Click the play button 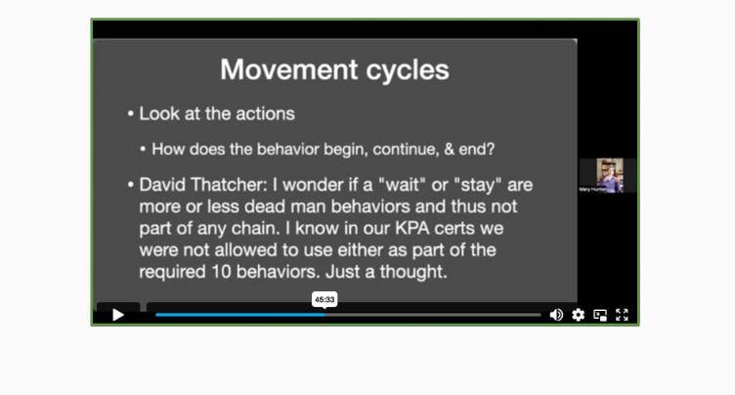pyautogui.click(x=118, y=315)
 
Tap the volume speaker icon pyautogui.click(x=556, y=315)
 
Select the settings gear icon pyautogui.click(x=578, y=315)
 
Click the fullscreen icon pyautogui.click(x=622, y=315)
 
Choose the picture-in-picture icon pyautogui.click(x=600, y=315)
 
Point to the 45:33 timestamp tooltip pyautogui.click(x=324, y=299)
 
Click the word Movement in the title pyautogui.click(x=289, y=69)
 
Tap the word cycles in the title pyautogui.click(x=408, y=70)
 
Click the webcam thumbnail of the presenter pyautogui.click(x=609, y=175)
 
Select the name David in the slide pyautogui.click(x=162, y=185)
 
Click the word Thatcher pyautogui.click(x=229, y=185)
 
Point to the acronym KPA pyautogui.click(x=412, y=228)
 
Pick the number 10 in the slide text pyautogui.click(x=221, y=272)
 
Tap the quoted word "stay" pyautogui.click(x=478, y=185)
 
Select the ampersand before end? pyautogui.click(x=449, y=150)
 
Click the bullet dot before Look pyautogui.click(x=131, y=114)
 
